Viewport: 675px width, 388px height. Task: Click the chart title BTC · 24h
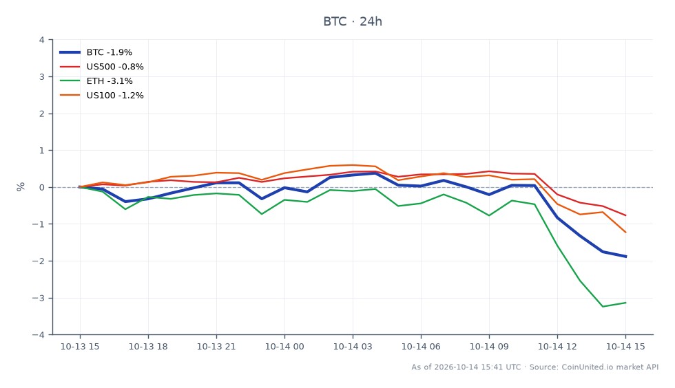coord(353,21)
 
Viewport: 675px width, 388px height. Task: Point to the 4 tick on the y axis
coord(42,40)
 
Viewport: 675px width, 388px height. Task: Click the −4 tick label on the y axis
coord(39,334)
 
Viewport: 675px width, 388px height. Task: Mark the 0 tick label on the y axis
coord(42,188)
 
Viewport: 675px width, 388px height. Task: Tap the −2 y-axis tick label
coord(39,261)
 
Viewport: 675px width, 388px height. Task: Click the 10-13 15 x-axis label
coord(80,346)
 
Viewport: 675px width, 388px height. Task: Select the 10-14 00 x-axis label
coord(284,346)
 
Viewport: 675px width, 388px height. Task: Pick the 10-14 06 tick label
coord(421,346)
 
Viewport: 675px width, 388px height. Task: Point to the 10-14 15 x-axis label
coord(625,346)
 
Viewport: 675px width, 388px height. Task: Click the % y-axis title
coord(21,186)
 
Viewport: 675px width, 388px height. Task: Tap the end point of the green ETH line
coord(625,303)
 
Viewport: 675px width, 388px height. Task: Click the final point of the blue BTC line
coord(625,257)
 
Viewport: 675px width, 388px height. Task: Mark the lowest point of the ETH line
coord(603,307)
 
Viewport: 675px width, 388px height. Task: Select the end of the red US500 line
coord(625,215)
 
